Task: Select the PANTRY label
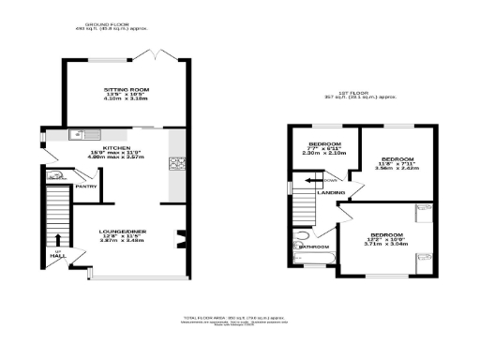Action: tap(86, 187)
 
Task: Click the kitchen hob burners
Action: tap(174, 165)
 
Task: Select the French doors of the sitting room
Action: tap(150, 53)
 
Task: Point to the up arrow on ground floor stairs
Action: tap(57, 240)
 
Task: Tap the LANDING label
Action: tap(331, 193)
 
